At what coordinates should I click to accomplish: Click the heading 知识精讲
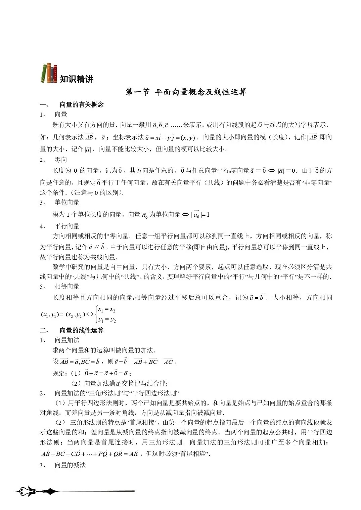77,79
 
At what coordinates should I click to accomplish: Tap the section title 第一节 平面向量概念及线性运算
186,92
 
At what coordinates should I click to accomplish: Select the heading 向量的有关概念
82,104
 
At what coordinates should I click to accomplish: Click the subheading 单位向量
67,202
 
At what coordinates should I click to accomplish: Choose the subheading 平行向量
67,226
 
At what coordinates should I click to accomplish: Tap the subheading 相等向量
67,286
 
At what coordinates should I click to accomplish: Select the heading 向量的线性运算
82,330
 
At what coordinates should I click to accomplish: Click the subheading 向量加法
67,340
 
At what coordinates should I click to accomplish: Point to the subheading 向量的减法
70,465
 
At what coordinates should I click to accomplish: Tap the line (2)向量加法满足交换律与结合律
119,383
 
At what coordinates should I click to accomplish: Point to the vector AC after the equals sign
168,362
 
